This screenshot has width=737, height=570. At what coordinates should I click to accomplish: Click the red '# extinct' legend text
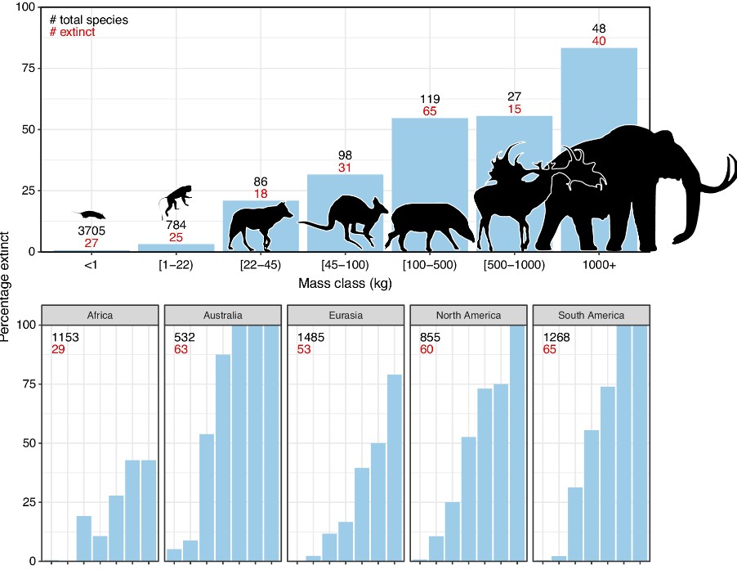(x=74, y=32)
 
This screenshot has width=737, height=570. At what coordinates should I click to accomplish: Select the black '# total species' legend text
(x=89, y=18)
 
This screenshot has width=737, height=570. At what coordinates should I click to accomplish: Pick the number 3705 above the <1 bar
(x=91, y=231)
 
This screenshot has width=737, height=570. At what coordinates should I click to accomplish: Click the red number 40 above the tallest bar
(x=599, y=41)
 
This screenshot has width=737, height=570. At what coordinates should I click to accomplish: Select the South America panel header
(x=591, y=314)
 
